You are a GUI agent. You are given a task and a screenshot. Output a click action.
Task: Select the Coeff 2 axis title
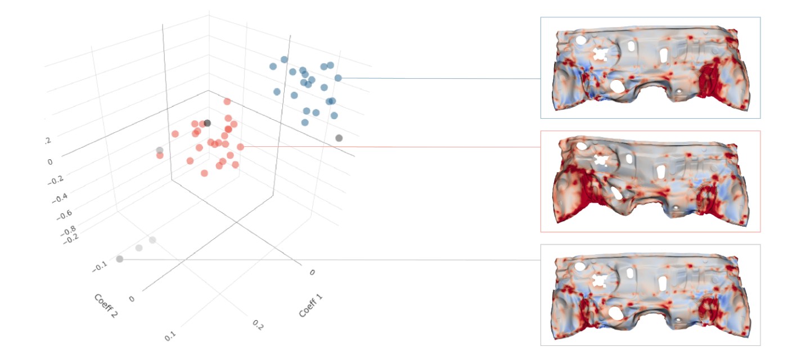coord(106,306)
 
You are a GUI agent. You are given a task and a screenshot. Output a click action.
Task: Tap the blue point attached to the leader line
coord(337,78)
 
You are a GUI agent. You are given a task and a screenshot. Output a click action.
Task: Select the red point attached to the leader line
coord(240,147)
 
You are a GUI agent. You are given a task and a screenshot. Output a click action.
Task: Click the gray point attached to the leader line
coord(119,259)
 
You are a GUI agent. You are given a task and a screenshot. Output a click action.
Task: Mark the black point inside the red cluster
coord(207,123)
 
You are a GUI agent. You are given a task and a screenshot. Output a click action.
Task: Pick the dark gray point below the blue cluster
coord(339,138)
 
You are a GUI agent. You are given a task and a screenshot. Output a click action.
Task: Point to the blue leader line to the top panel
coord(439,79)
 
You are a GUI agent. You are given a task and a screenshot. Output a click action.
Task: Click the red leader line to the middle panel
coord(388,147)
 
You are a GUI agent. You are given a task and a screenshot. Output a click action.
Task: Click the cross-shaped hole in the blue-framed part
coord(601,55)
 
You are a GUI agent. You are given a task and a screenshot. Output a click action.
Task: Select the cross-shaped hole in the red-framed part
coord(601,162)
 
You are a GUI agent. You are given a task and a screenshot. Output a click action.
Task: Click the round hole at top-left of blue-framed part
coord(579,40)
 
